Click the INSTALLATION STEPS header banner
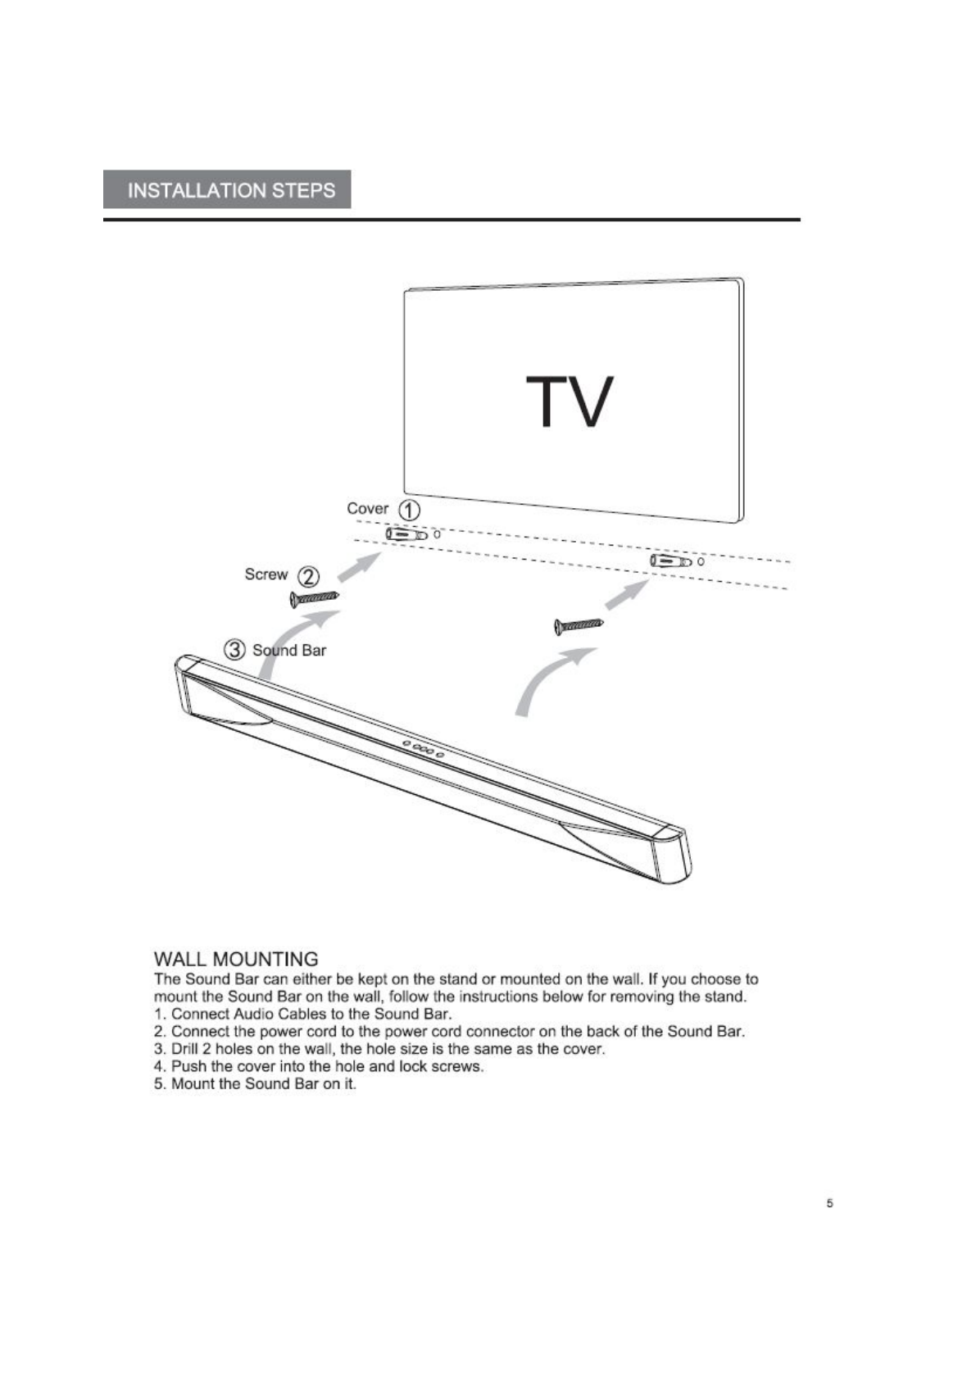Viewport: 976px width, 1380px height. click(227, 190)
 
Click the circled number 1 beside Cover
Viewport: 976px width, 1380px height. click(409, 510)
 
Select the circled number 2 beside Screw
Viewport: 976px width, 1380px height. click(307, 576)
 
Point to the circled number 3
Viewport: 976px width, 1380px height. click(234, 650)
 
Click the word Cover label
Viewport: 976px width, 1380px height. click(367, 509)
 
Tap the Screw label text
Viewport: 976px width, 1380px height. click(266, 574)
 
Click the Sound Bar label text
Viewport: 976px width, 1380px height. click(289, 651)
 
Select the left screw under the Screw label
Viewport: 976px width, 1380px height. click(315, 599)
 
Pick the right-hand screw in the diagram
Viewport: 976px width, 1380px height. click(579, 626)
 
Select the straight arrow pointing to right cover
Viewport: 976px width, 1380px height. click(627, 594)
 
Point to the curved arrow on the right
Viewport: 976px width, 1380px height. click(550, 679)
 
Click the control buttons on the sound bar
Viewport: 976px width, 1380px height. click(423, 748)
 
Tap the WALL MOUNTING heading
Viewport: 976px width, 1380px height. click(236, 959)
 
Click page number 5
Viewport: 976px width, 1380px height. click(829, 1203)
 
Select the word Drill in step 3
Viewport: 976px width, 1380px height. click(184, 1049)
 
